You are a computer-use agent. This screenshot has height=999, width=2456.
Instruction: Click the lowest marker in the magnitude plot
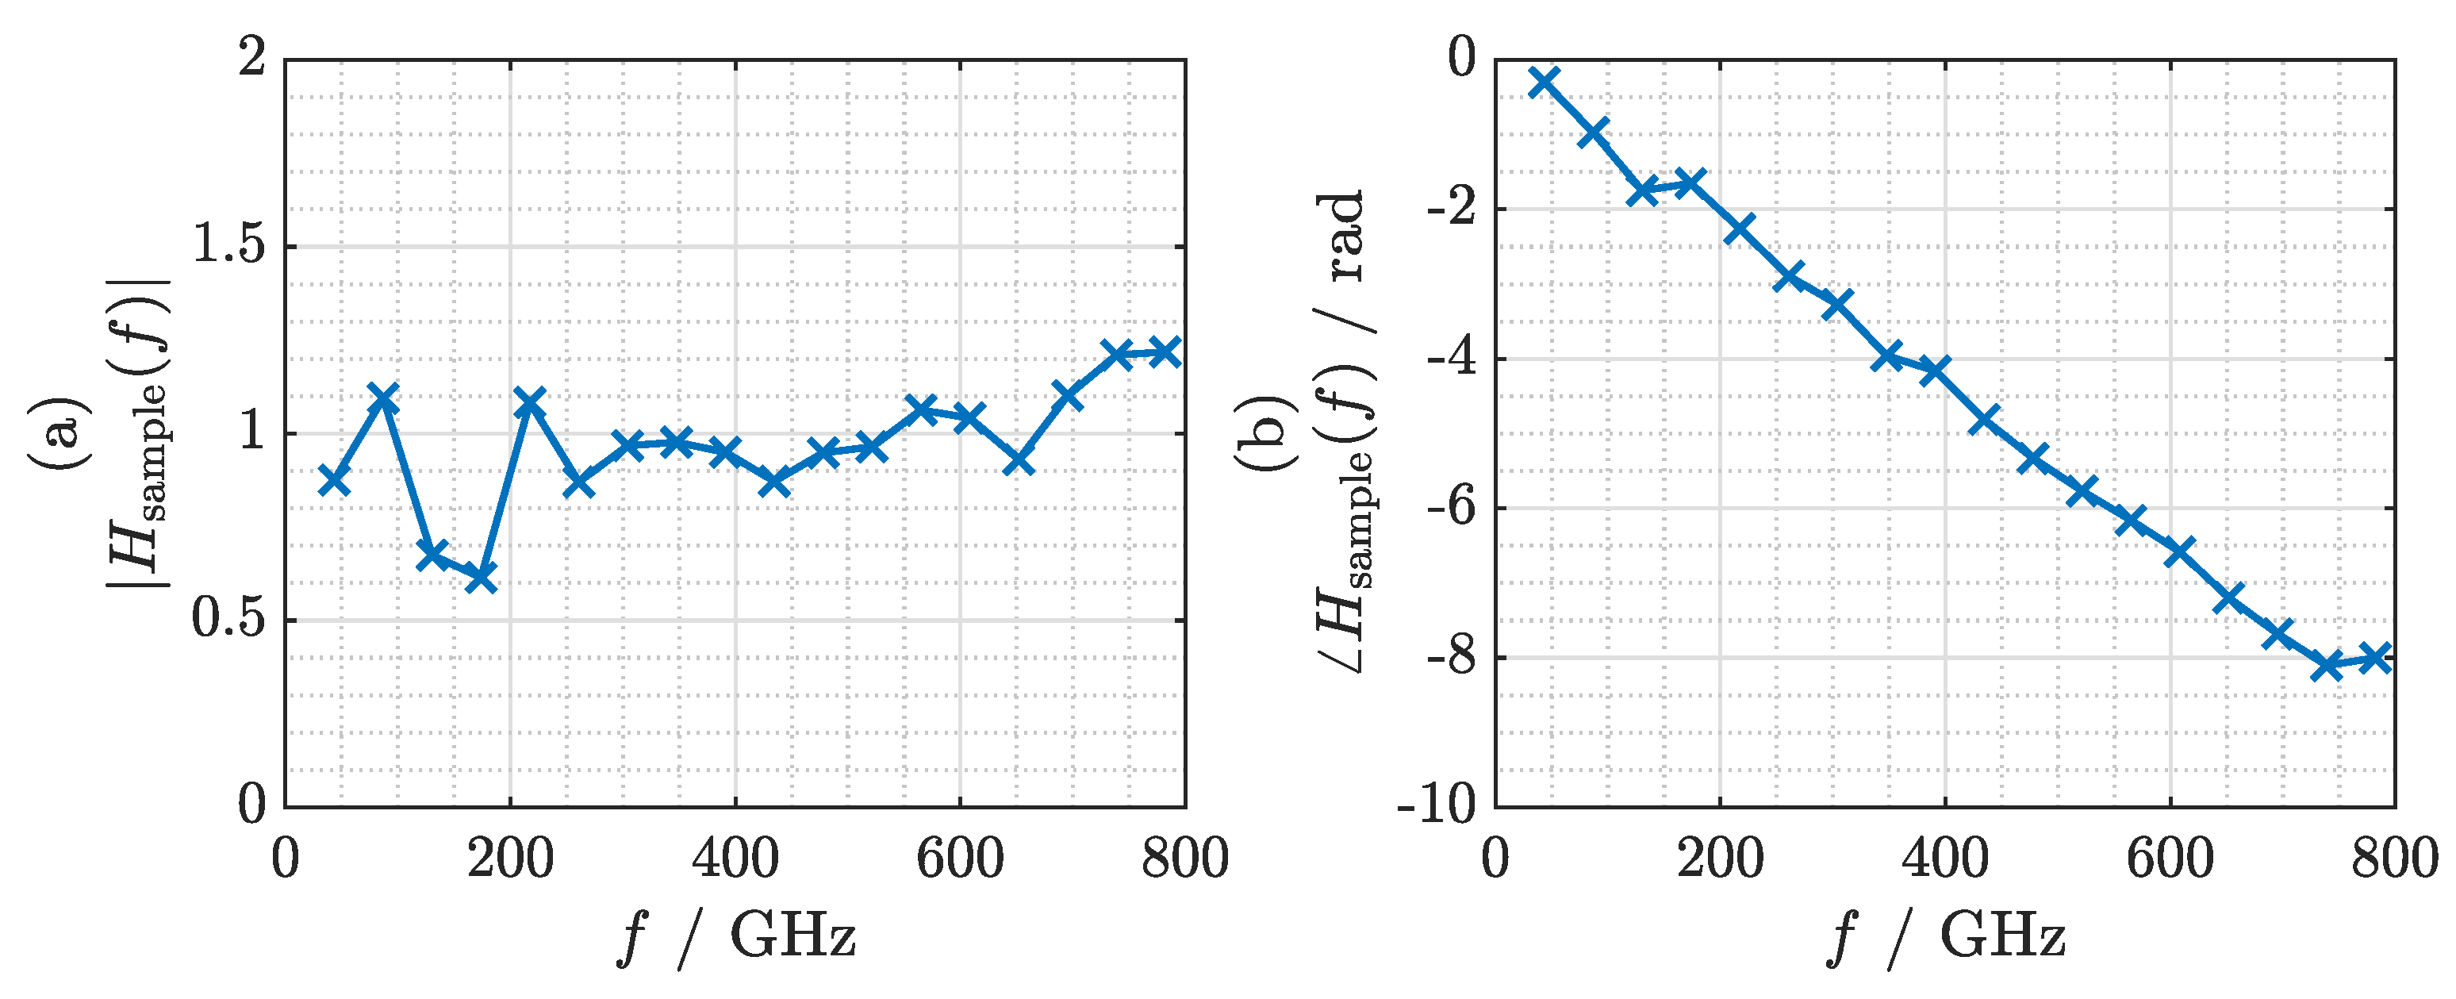point(481,577)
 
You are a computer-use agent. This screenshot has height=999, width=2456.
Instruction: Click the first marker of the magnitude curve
point(334,480)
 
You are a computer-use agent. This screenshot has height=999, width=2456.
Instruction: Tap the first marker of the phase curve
point(1544,82)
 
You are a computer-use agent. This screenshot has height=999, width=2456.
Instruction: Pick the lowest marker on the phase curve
point(2327,667)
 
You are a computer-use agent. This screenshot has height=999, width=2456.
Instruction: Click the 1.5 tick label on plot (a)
point(228,245)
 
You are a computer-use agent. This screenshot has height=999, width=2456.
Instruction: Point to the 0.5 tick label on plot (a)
point(228,619)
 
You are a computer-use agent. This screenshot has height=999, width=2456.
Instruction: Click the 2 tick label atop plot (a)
point(252,58)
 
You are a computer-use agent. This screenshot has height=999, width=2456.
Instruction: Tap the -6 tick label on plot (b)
point(1450,507)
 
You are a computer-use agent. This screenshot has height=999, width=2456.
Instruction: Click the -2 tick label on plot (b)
point(1450,208)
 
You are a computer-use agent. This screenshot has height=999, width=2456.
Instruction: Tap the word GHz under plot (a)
point(792,936)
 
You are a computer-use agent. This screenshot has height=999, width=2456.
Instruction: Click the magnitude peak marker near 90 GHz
point(382,398)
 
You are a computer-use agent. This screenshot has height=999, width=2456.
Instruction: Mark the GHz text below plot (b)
point(2002,936)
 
